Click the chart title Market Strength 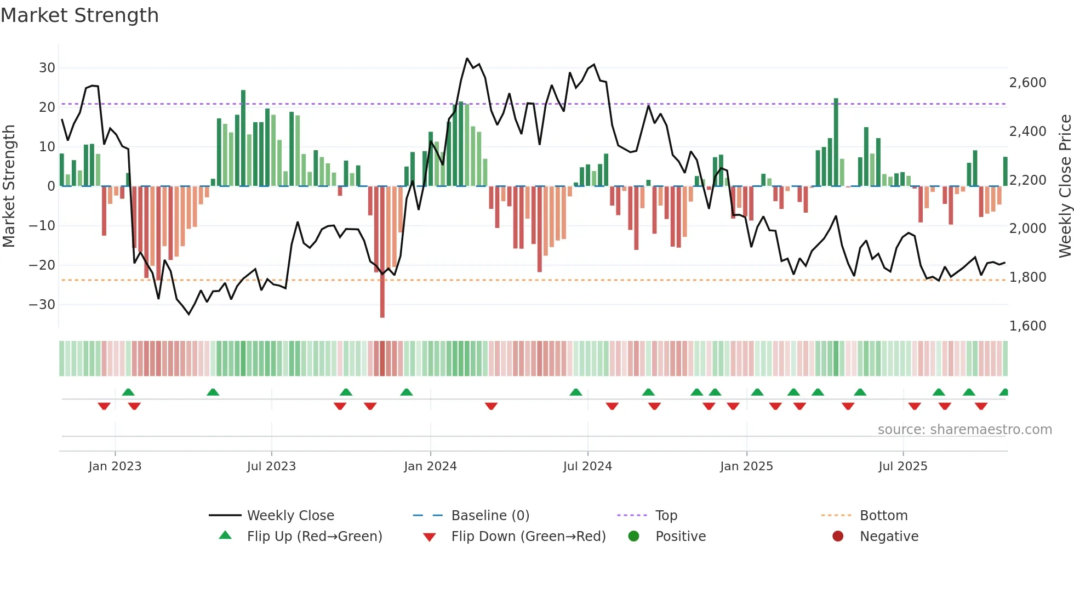pyautogui.click(x=79, y=15)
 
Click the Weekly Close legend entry pyautogui.click(x=290, y=516)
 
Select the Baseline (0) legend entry pyautogui.click(x=490, y=516)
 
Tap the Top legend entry pyautogui.click(x=666, y=516)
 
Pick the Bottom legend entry pyautogui.click(x=883, y=516)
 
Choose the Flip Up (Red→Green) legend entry pyautogui.click(x=314, y=537)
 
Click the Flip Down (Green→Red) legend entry pyautogui.click(x=528, y=537)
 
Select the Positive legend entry pyautogui.click(x=680, y=537)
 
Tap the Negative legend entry pyautogui.click(x=889, y=537)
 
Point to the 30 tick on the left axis pyautogui.click(x=47, y=68)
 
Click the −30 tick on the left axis pyautogui.click(x=43, y=305)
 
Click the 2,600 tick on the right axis pyautogui.click(x=1027, y=83)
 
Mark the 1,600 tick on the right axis pyautogui.click(x=1027, y=326)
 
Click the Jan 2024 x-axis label pyautogui.click(x=430, y=466)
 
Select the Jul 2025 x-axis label pyautogui.click(x=902, y=466)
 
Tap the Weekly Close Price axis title pyautogui.click(x=1065, y=186)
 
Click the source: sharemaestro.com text pyautogui.click(x=964, y=430)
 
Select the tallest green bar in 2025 pyautogui.click(x=836, y=143)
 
